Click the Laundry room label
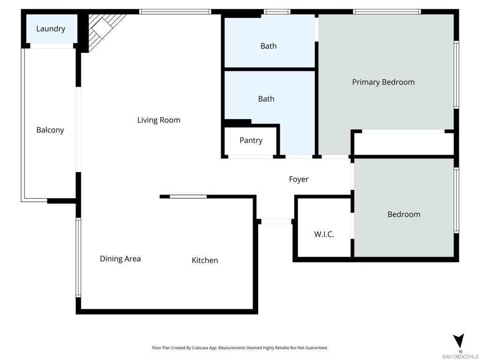51,29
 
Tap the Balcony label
50,130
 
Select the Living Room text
158,120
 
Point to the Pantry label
251,140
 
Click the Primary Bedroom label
383,82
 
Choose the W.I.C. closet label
324,234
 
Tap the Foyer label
299,180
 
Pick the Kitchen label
205,260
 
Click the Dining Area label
120,259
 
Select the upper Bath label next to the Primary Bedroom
269,46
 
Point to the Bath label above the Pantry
266,99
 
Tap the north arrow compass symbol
459,340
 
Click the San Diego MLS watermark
460,356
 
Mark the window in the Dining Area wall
78,257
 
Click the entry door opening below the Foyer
276,221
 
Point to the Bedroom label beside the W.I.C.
404,214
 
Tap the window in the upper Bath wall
277,12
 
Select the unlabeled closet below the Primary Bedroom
404,144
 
